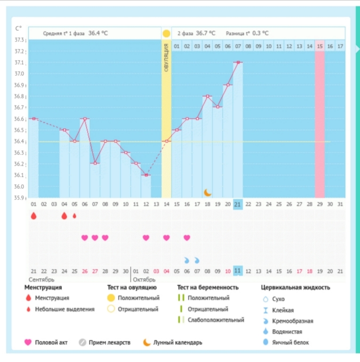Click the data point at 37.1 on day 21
pos(238,62)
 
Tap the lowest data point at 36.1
pos(146,175)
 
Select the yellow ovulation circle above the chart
pos(166,34)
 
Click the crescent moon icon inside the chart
pos(208,192)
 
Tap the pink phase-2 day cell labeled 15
pos(320,46)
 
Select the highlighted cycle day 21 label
pos(238,204)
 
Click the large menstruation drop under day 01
pos(33,216)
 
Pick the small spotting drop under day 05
pos(74,216)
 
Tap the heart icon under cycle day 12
pos(146,238)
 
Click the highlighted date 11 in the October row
pos(238,271)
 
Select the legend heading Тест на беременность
pos(208,287)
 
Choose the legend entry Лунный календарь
pos(177,342)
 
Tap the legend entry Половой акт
pos(51,342)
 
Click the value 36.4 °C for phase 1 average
pos(98,33)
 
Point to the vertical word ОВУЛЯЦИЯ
pos(166,56)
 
